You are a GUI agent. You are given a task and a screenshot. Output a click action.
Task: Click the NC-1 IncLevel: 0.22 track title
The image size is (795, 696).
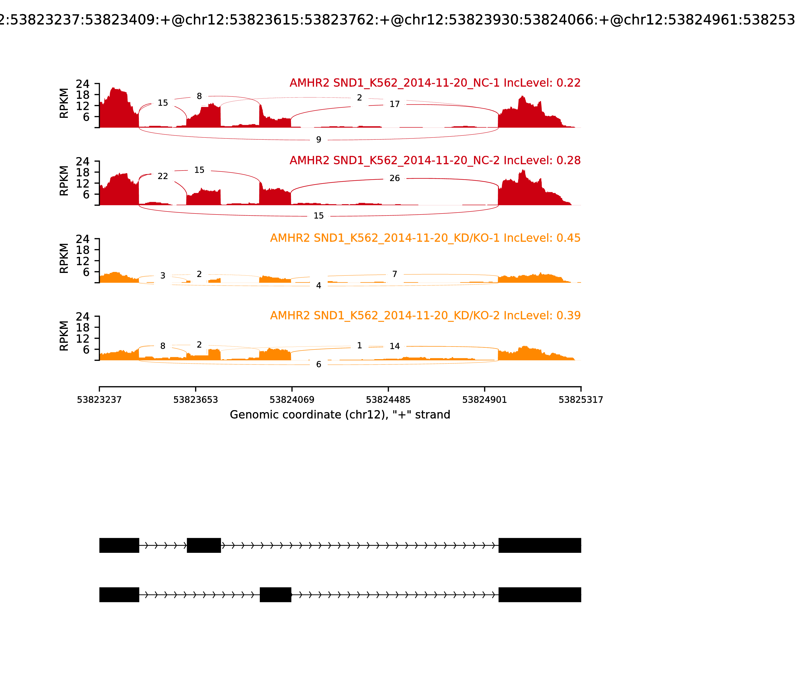point(435,83)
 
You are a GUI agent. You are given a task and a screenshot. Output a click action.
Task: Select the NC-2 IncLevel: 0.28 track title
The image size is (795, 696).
point(435,160)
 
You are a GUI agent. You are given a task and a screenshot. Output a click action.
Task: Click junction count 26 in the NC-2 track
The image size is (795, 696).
point(395,178)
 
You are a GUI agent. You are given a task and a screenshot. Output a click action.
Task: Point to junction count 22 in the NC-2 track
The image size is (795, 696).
point(163,176)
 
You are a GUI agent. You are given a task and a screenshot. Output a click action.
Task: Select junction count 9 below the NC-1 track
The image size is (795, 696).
point(318,139)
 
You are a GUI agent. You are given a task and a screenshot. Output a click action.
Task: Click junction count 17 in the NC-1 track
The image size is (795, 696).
point(395,104)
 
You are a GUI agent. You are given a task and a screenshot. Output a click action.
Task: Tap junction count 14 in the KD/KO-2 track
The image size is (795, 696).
point(395,346)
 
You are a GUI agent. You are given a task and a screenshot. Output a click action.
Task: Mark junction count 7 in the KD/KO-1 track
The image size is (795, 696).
point(395,274)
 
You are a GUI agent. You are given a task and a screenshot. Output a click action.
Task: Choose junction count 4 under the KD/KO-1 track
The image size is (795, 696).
point(318,285)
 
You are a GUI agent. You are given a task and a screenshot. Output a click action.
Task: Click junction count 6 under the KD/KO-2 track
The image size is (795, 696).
point(318,364)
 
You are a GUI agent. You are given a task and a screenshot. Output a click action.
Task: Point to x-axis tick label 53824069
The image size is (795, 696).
point(292,400)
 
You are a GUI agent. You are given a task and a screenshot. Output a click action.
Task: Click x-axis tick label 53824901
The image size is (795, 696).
point(484,400)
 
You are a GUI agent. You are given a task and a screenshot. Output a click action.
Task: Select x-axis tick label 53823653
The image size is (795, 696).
point(196,400)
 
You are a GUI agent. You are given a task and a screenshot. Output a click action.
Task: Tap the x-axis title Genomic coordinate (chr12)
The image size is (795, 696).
point(340,415)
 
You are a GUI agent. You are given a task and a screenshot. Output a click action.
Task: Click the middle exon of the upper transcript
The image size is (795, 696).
point(204,545)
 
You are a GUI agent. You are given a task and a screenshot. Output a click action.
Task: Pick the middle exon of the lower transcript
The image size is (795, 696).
point(275,595)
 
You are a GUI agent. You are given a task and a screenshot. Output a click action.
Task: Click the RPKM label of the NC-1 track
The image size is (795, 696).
point(64,103)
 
